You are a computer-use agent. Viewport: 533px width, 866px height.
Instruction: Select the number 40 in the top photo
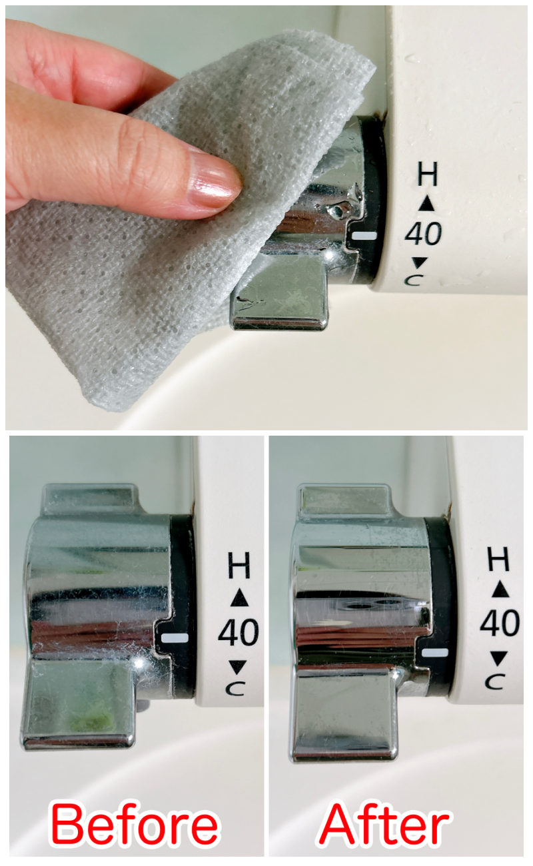click(x=424, y=234)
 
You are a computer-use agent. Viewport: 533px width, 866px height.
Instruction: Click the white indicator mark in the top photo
click(x=364, y=236)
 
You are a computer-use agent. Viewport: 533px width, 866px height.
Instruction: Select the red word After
click(x=384, y=825)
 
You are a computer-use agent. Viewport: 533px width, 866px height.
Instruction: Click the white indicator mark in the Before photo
click(x=175, y=638)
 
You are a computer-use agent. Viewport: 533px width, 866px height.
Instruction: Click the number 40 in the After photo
click(x=500, y=623)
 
